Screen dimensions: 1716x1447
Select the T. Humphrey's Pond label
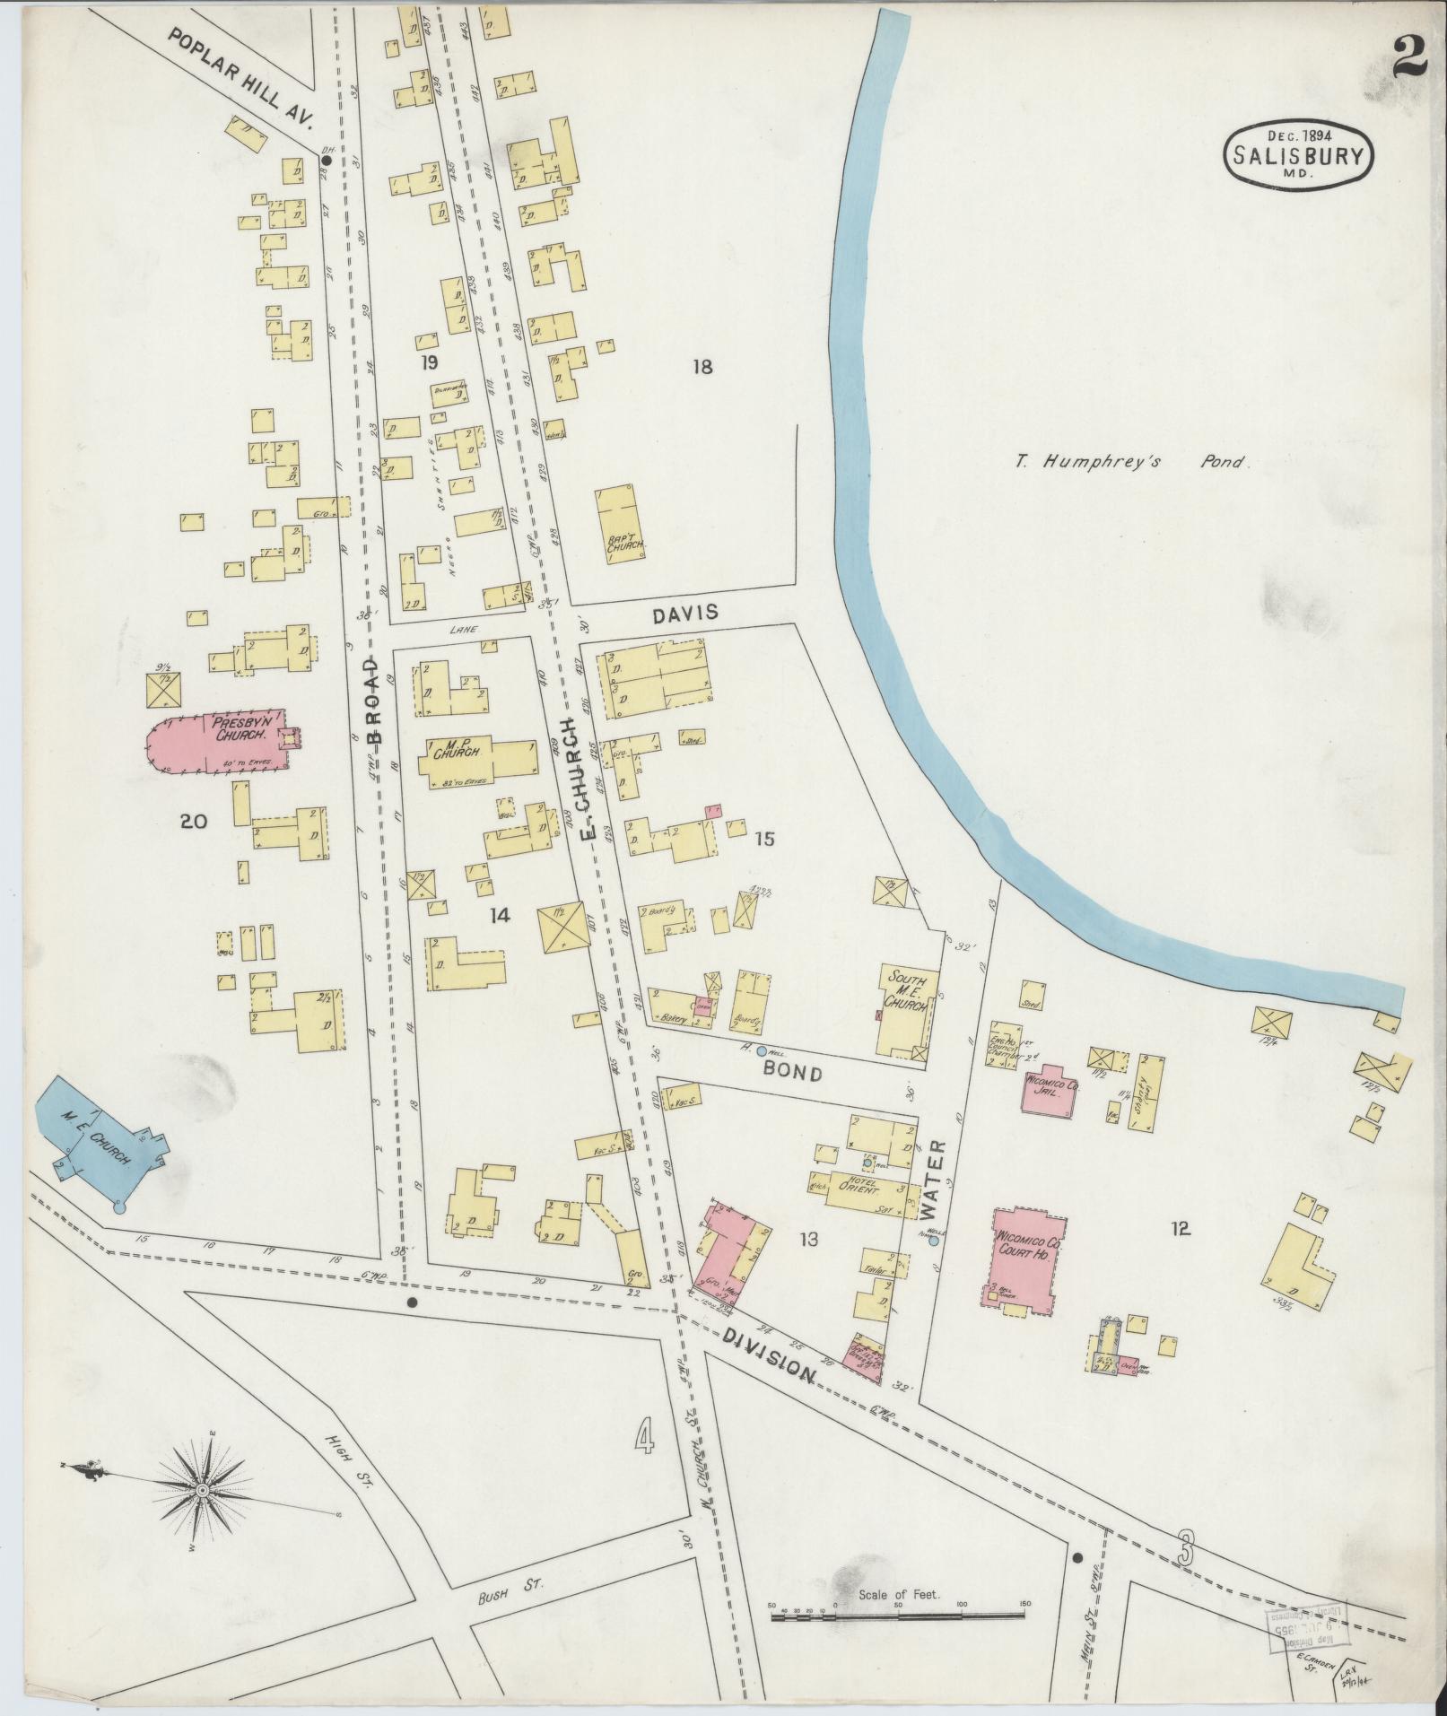1132,463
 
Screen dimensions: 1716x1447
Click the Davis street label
685,614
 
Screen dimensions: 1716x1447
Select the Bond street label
792,1072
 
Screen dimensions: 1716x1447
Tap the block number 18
702,366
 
